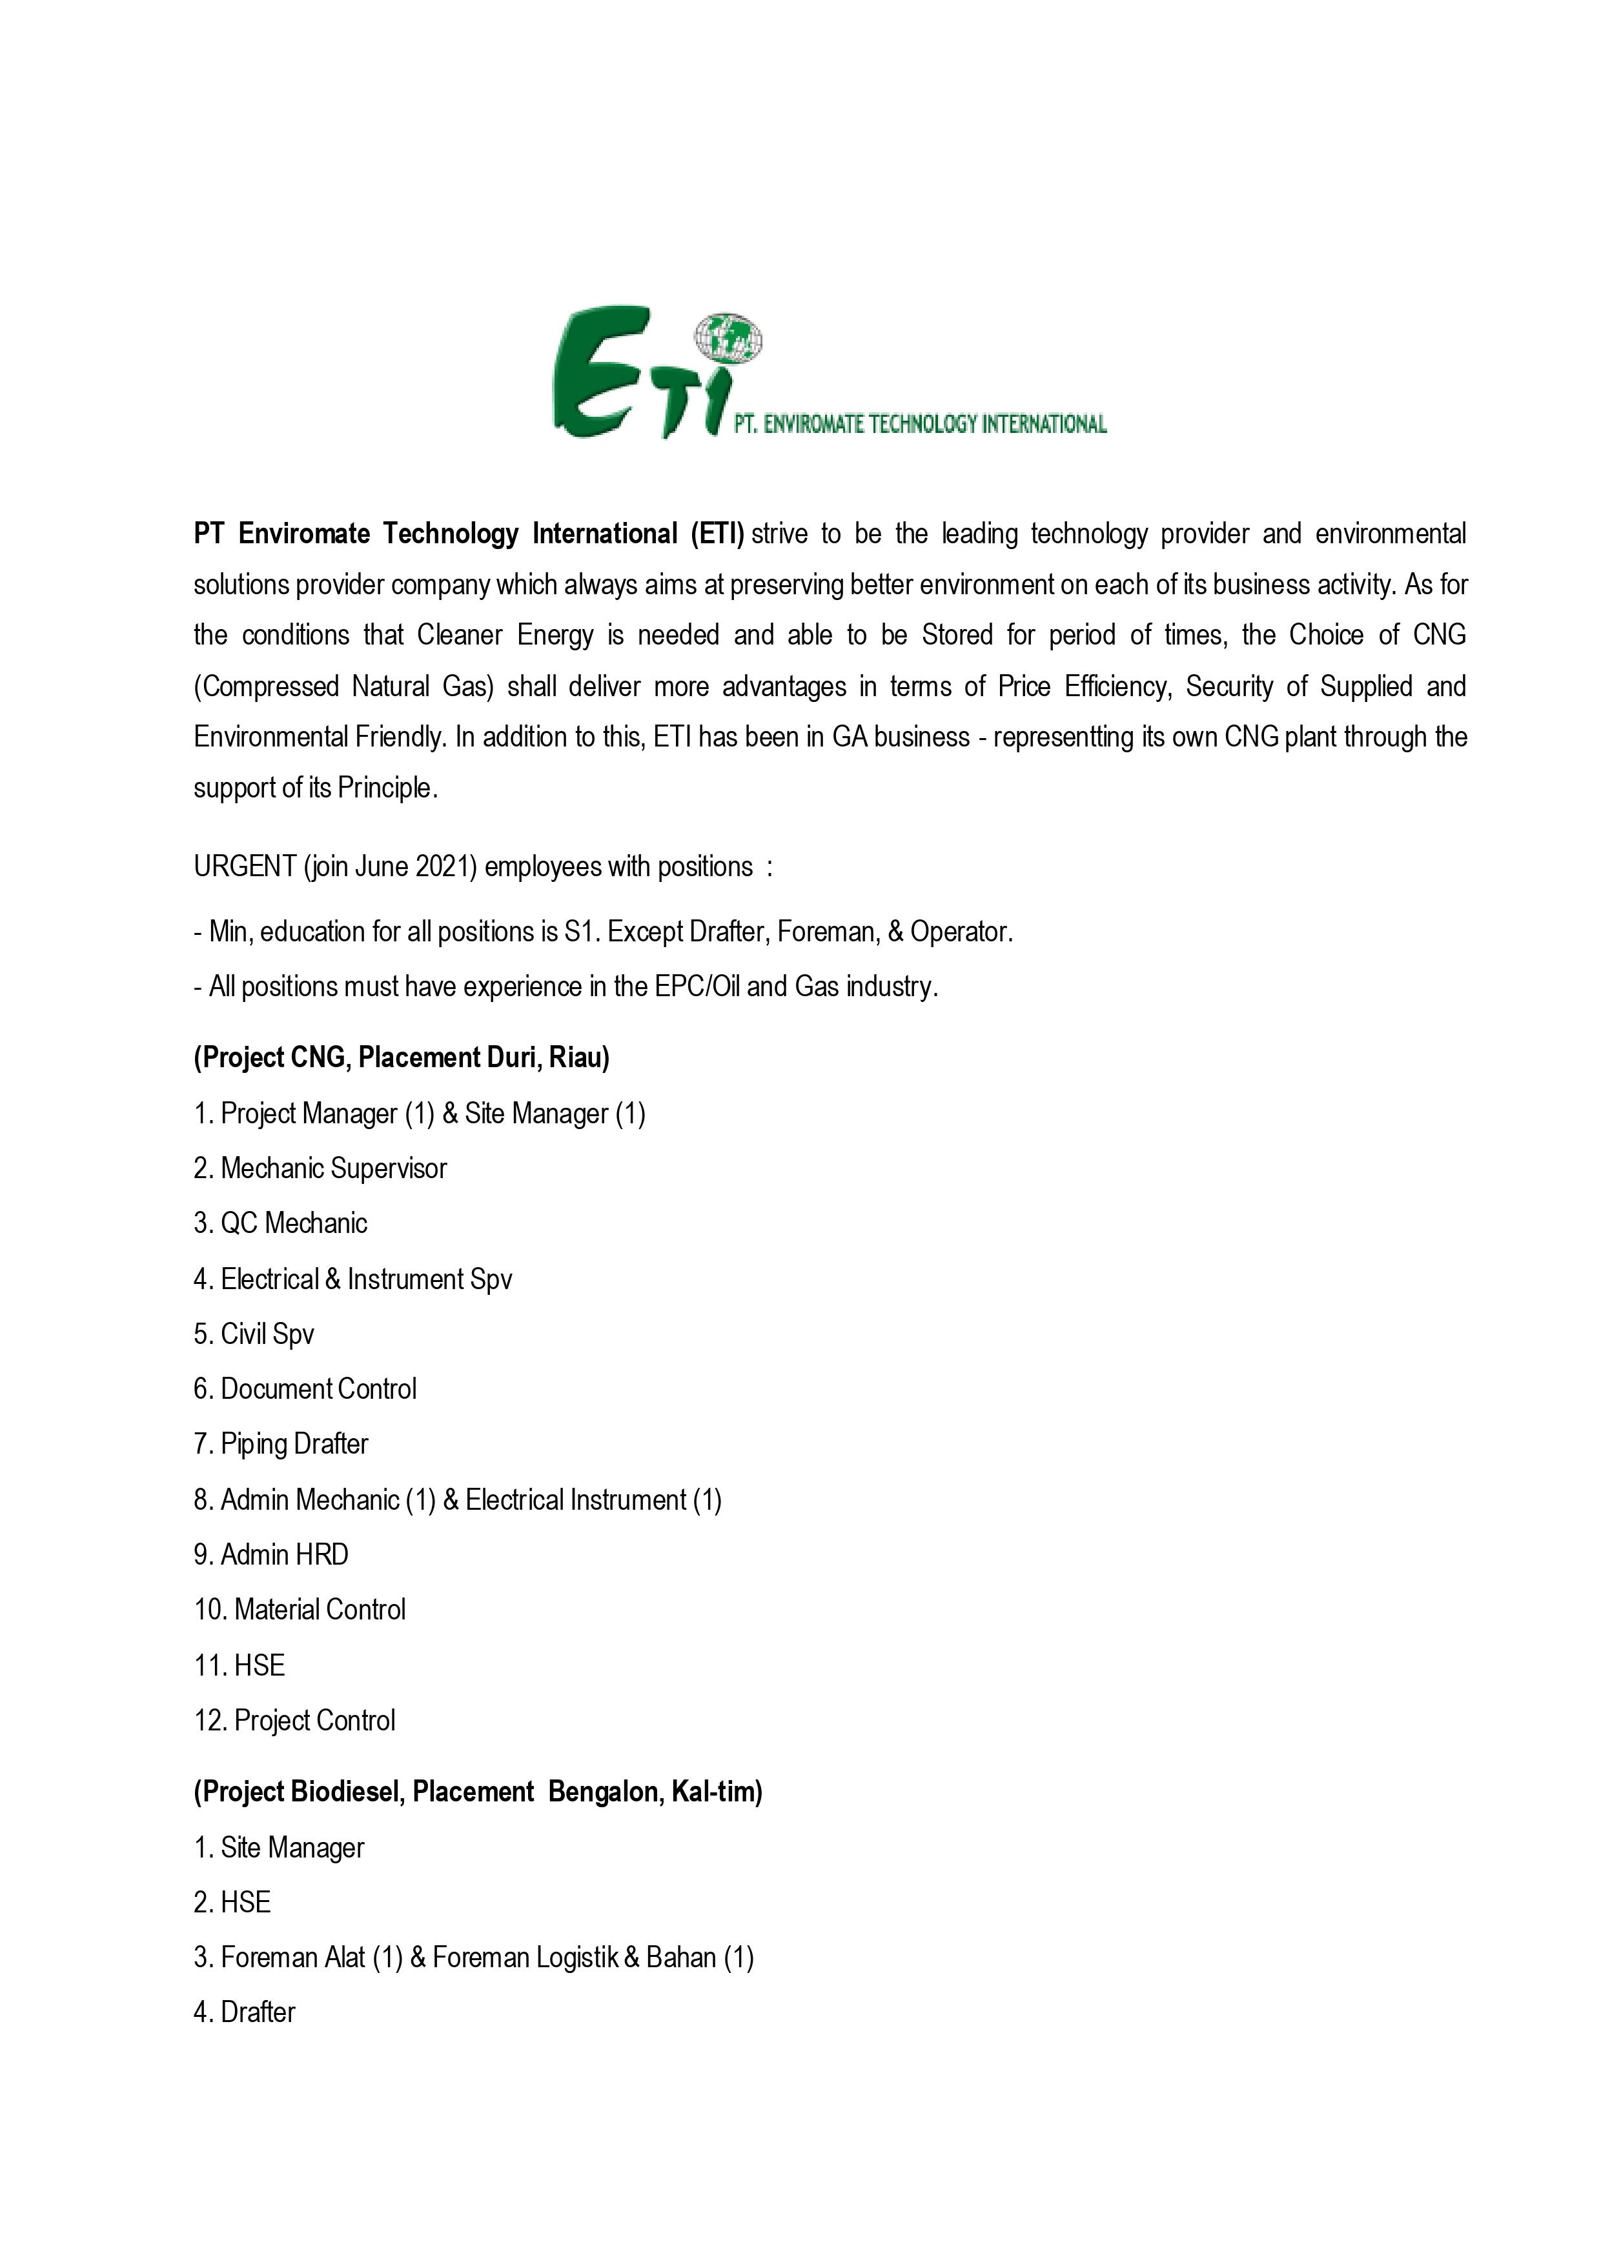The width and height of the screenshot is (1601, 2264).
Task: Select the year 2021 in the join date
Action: coord(446,867)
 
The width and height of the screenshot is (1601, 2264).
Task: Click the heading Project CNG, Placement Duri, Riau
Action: coord(402,1058)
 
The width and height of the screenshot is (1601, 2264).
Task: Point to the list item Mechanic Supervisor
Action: coord(333,1168)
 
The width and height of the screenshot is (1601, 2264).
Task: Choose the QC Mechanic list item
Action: coord(293,1224)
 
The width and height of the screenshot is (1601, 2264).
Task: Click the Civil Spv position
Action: coord(267,1334)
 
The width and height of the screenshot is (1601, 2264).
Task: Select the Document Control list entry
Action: coord(318,1389)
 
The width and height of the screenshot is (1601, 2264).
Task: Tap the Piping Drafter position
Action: coord(294,1445)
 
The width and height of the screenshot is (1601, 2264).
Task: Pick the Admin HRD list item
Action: coord(284,1555)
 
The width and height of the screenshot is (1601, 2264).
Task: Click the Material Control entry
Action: coord(320,1610)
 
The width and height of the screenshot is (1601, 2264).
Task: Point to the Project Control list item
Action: coord(314,1721)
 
